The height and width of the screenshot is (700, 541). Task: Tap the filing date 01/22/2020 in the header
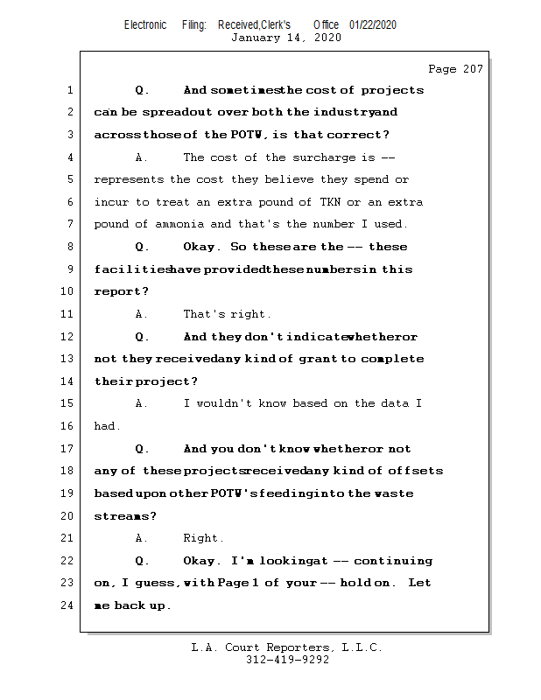(x=373, y=25)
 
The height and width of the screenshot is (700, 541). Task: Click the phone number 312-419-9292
(x=287, y=661)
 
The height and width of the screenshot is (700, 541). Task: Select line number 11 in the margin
(x=69, y=314)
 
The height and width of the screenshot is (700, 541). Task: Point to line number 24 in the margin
(x=69, y=605)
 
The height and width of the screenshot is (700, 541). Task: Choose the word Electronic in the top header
(x=145, y=25)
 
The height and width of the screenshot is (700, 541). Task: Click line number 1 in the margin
(x=69, y=90)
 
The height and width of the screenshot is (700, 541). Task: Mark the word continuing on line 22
(x=393, y=561)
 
